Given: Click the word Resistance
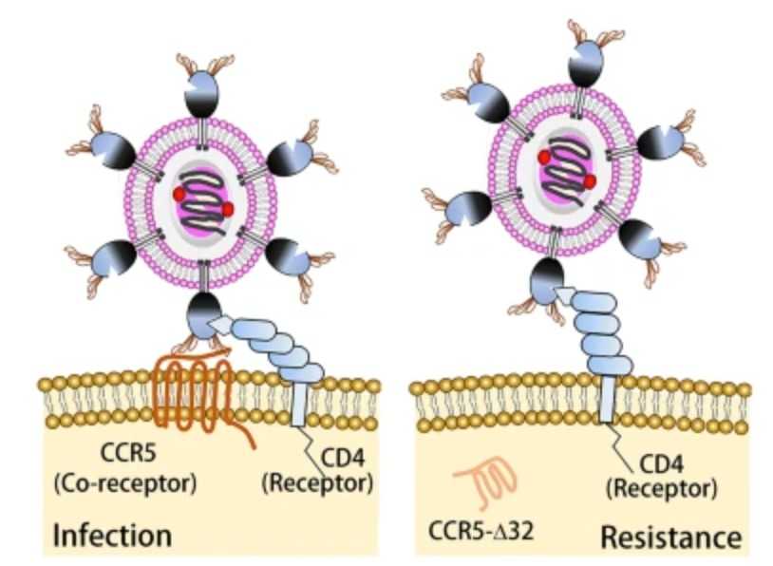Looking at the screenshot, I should [670, 538].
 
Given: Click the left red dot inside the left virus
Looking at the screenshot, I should [179, 194].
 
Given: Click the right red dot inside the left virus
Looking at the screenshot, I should [228, 208].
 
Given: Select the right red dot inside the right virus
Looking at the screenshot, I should [590, 180].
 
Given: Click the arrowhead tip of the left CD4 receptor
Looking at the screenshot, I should [220, 326].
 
